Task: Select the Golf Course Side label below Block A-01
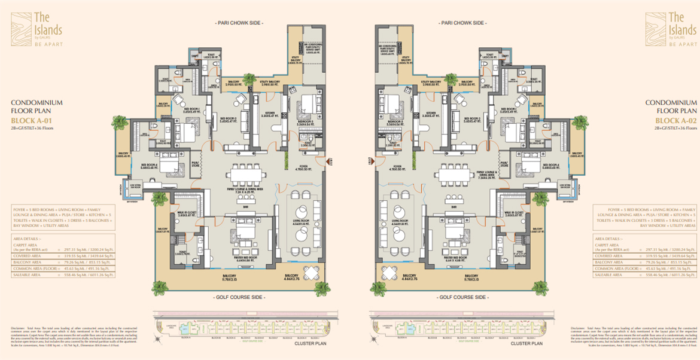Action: (x=239, y=297)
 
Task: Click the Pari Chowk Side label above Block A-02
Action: (x=462, y=22)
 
